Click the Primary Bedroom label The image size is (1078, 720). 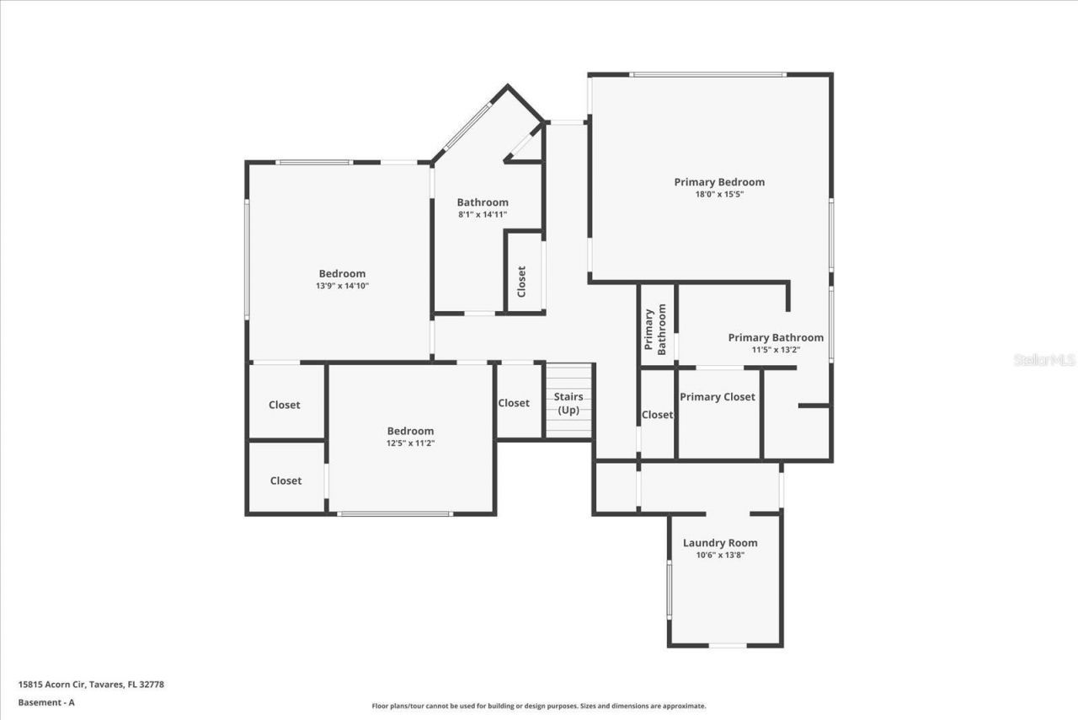(719, 182)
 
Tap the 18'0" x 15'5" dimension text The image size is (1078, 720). (719, 194)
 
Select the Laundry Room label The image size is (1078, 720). (720, 543)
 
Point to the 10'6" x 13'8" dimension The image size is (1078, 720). (720, 555)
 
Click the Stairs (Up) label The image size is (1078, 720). (568, 403)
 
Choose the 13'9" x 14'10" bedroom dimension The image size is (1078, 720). (342, 286)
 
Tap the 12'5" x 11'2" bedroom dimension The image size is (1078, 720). (410, 443)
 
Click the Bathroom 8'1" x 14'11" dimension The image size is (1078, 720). (483, 214)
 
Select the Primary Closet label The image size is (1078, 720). (718, 397)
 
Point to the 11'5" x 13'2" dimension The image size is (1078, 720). (776, 349)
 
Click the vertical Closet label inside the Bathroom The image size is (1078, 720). (521, 282)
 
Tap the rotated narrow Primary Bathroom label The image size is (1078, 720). (655, 331)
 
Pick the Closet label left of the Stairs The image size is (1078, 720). (514, 403)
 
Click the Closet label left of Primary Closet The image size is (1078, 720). (657, 415)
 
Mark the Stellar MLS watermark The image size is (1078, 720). (1044, 359)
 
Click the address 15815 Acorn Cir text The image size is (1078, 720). (91, 685)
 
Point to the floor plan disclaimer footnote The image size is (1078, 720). (539, 707)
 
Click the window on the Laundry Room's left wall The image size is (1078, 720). (669, 590)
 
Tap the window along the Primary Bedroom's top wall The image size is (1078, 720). (707, 74)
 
